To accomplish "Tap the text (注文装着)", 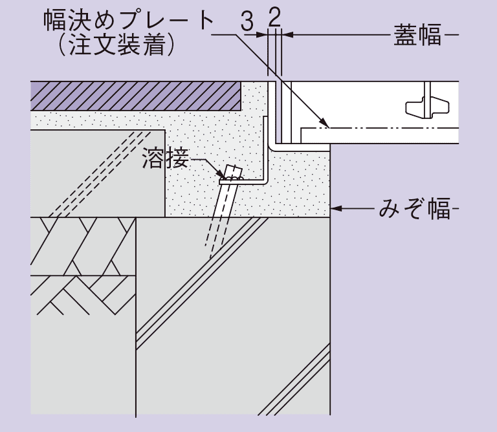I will [x=116, y=45].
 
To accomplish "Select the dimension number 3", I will [x=247, y=21].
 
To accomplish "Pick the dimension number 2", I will [x=274, y=17].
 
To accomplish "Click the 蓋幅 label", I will [x=417, y=35].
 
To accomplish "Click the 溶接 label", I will [x=165, y=160].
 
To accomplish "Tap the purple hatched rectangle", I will [x=136, y=96].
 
